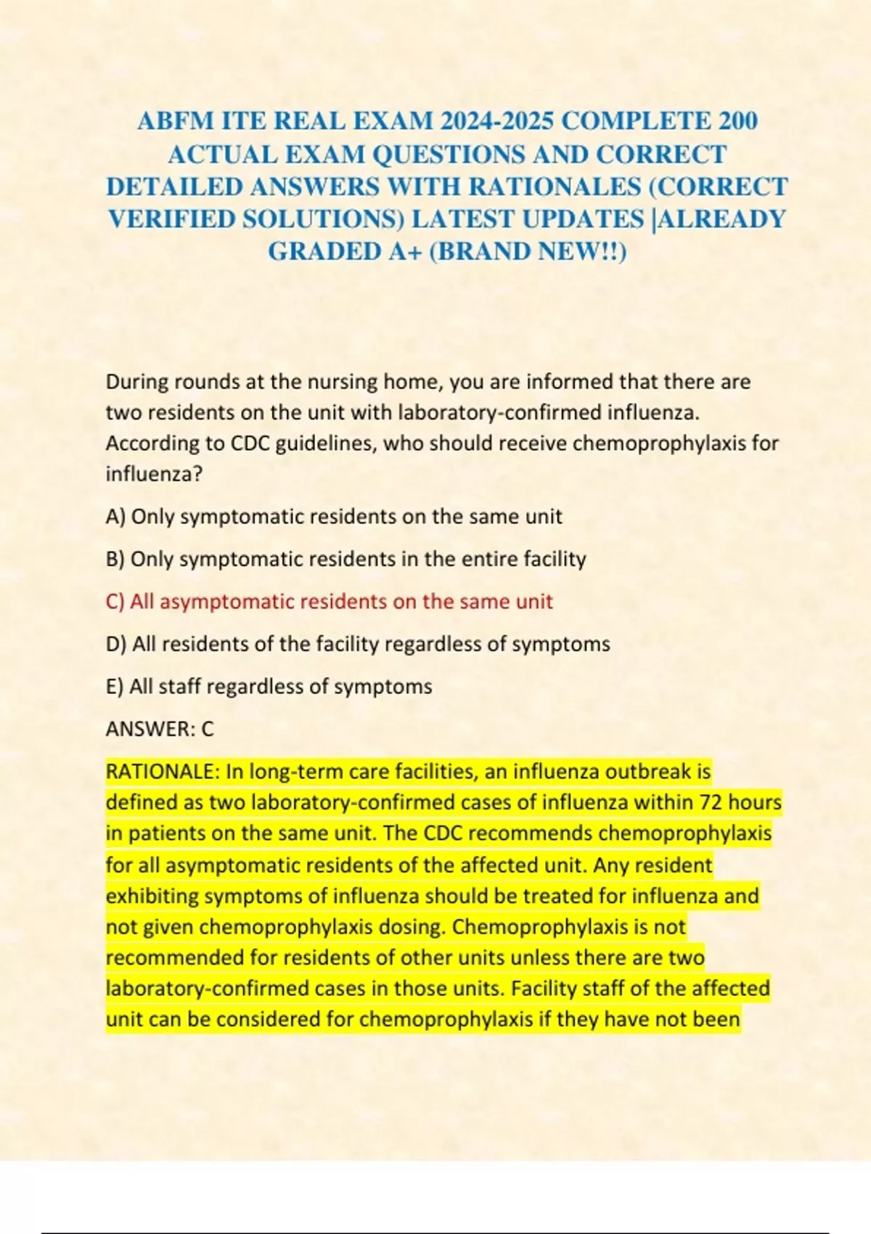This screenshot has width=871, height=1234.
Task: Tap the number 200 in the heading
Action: pyautogui.click(x=738, y=120)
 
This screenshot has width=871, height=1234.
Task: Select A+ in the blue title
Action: pyautogui.click(x=401, y=251)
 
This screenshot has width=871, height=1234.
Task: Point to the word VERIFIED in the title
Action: pyautogui.click(x=171, y=218)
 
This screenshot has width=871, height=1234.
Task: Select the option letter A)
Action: pyautogui.click(x=115, y=517)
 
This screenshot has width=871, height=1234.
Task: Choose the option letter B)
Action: pyautogui.click(x=115, y=560)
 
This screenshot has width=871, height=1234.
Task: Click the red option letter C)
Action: pyautogui.click(x=115, y=602)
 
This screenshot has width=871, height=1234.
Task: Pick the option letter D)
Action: pyautogui.click(x=116, y=645)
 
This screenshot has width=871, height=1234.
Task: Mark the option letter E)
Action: pyautogui.click(x=115, y=687)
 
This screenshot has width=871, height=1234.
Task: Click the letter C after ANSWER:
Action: pyautogui.click(x=208, y=729)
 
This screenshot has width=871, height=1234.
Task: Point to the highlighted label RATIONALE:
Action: pyautogui.click(x=163, y=771)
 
